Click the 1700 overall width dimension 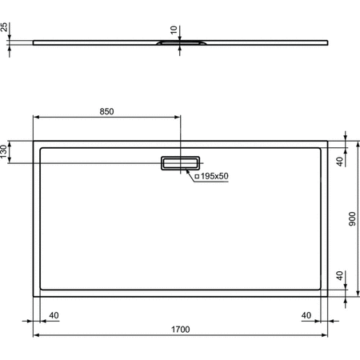pos(180,329)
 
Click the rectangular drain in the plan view pos(180,162)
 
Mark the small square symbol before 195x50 pos(197,175)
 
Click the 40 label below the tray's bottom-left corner pos(54,314)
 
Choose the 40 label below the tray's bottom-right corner pos(306,314)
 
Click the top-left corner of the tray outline pos(34,142)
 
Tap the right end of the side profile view pos(328,42)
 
